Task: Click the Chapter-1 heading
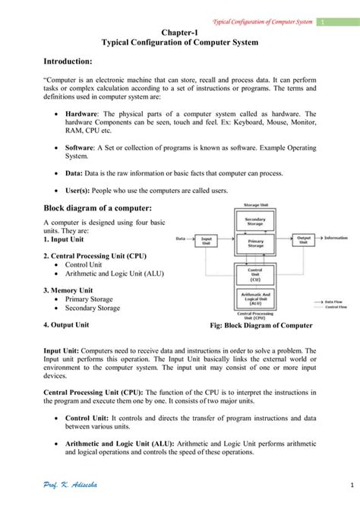point(179,33)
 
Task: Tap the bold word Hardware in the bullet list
point(83,114)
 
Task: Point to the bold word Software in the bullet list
point(81,148)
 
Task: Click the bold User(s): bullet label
point(80,191)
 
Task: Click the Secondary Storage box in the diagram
point(255,221)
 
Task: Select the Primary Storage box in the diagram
point(255,243)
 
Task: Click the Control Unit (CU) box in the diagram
point(255,273)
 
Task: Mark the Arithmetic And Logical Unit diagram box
point(255,297)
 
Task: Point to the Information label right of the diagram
point(336,239)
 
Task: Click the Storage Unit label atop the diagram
point(255,206)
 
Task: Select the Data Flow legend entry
point(335,301)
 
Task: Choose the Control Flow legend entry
point(335,307)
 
